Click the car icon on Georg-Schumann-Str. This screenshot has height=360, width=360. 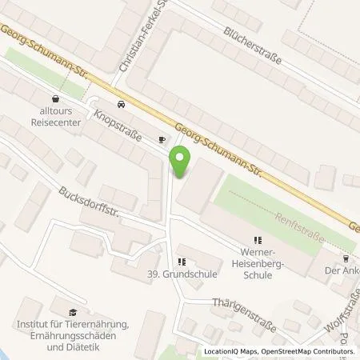click(x=121, y=104)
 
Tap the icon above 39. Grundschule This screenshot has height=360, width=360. click(x=182, y=261)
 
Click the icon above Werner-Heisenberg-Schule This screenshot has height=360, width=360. click(x=257, y=240)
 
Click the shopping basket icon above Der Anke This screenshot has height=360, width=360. click(x=346, y=258)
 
